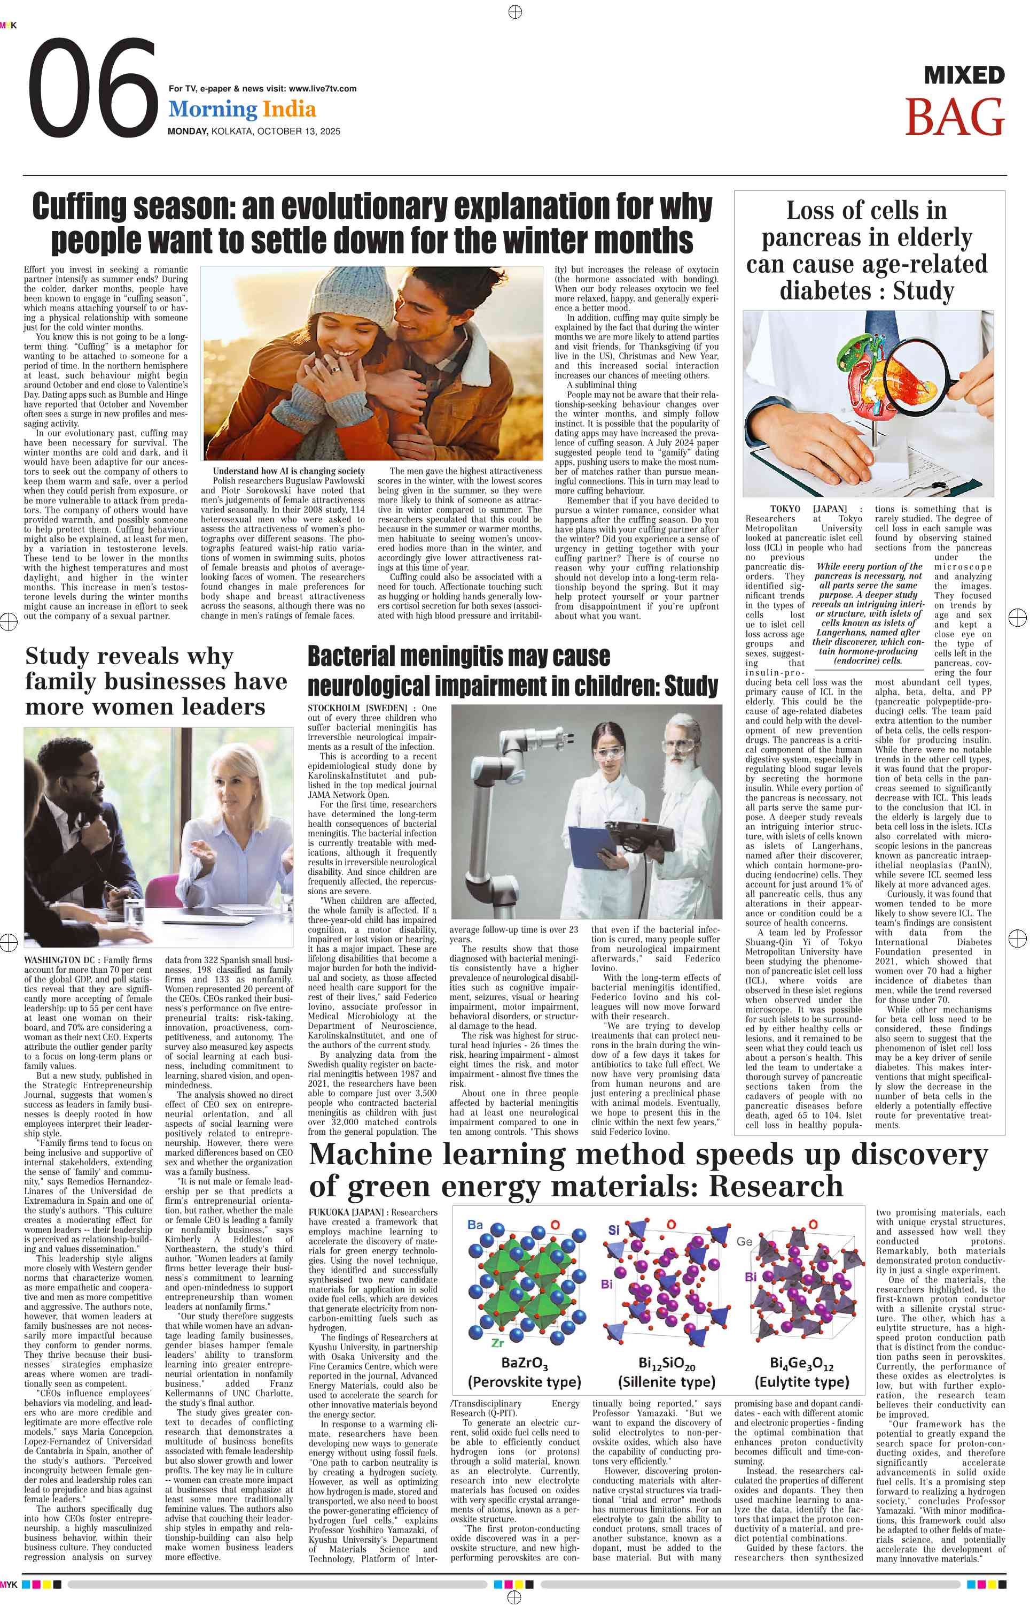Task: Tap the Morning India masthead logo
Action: tap(242, 109)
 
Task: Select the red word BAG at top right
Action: tap(955, 117)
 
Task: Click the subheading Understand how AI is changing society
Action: tap(289, 471)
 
